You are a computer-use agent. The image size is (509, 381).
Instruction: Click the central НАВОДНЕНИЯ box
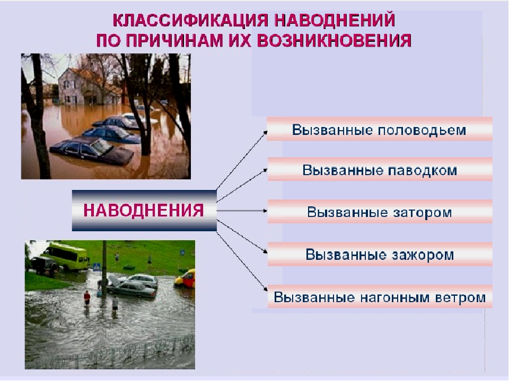click(x=144, y=210)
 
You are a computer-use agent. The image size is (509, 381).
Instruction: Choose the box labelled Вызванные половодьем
click(x=380, y=130)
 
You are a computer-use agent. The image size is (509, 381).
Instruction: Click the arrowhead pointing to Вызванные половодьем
click(x=265, y=132)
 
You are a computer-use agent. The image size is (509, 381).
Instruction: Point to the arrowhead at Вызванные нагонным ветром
click(x=265, y=289)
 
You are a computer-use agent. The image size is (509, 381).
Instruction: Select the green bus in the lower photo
click(x=64, y=256)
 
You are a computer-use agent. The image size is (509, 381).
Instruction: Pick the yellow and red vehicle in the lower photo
click(x=186, y=277)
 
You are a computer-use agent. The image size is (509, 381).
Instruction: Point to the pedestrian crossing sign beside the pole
click(x=97, y=268)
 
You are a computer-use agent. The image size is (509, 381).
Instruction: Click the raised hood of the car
click(x=114, y=278)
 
